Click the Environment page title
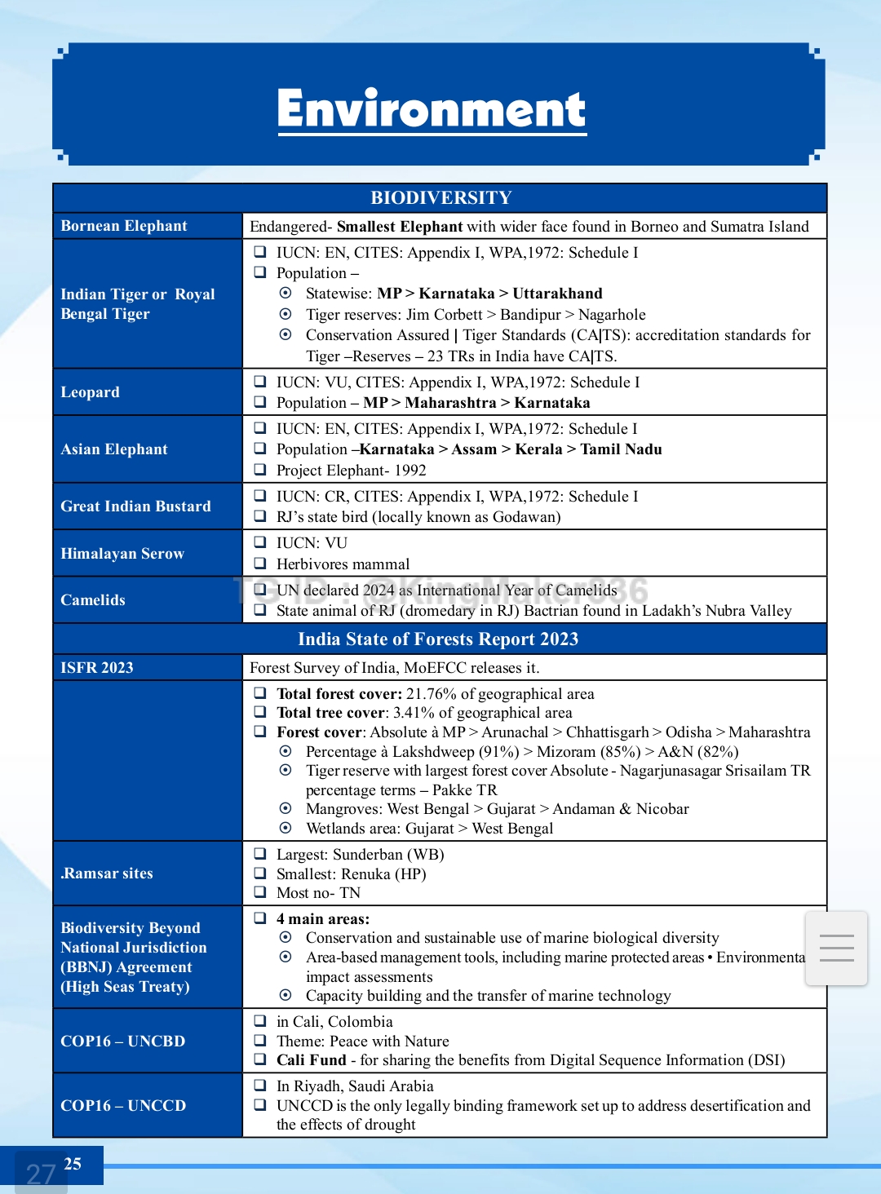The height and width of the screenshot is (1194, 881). [x=432, y=109]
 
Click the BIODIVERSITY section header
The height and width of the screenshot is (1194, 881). [x=440, y=197]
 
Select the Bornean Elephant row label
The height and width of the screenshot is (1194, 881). [x=124, y=226]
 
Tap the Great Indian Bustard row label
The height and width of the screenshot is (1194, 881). [x=135, y=506]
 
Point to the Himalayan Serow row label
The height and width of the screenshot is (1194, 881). [x=122, y=554]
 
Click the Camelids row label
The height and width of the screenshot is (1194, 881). [x=93, y=600]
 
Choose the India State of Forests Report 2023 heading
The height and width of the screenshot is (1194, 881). [x=438, y=639]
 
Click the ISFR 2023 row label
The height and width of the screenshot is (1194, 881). [x=97, y=668]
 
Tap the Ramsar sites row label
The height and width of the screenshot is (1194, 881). [x=107, y=873]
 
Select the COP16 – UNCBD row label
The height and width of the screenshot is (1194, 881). [x=123, y=1041]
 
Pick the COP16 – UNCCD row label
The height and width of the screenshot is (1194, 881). [x=123, y=1106]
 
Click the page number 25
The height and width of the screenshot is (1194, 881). [x=73, y=1164]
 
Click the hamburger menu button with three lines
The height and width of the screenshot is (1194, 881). [x=836, y=949]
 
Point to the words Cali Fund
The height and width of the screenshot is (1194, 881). [x=312, y=1060]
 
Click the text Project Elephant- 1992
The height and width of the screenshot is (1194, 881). [x=352, y=471]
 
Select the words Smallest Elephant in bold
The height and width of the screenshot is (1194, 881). [x=400, y=227]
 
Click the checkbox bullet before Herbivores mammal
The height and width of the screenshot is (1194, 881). [x=260, y=564]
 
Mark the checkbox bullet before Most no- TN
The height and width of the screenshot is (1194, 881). [x=260, y=893]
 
